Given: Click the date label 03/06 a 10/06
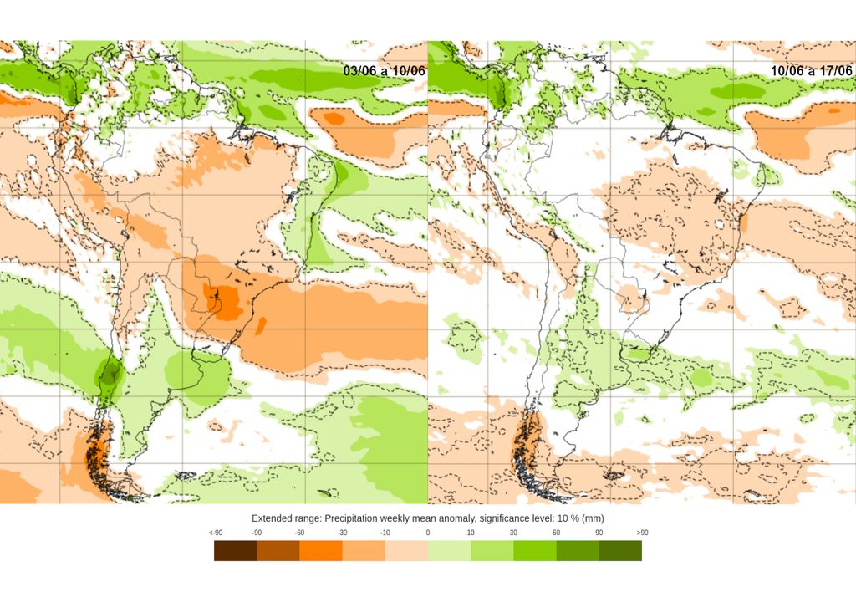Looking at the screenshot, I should (384, 71).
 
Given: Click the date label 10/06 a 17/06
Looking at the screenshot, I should (812, 71).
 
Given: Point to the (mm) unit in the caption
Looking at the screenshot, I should (590, 518).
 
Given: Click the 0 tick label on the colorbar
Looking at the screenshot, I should (428, 533).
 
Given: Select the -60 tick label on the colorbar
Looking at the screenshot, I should (299, 533).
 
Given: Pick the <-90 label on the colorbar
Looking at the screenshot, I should (215, 533).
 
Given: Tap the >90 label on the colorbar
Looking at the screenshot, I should (641, 533).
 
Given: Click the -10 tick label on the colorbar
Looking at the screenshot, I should (385, 533).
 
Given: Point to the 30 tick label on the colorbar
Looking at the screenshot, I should (513, 533).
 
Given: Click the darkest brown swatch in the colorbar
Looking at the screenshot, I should (235, 550).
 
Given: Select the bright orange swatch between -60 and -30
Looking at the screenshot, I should (320, 550).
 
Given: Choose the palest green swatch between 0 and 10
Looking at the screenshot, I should (449, 550).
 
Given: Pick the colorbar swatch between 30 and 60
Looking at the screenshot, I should (534, 550).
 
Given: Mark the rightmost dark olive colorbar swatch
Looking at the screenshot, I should (620, 550).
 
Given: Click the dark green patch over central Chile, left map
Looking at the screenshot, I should (108, 377).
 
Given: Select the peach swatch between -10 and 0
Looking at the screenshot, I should (406, 550).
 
